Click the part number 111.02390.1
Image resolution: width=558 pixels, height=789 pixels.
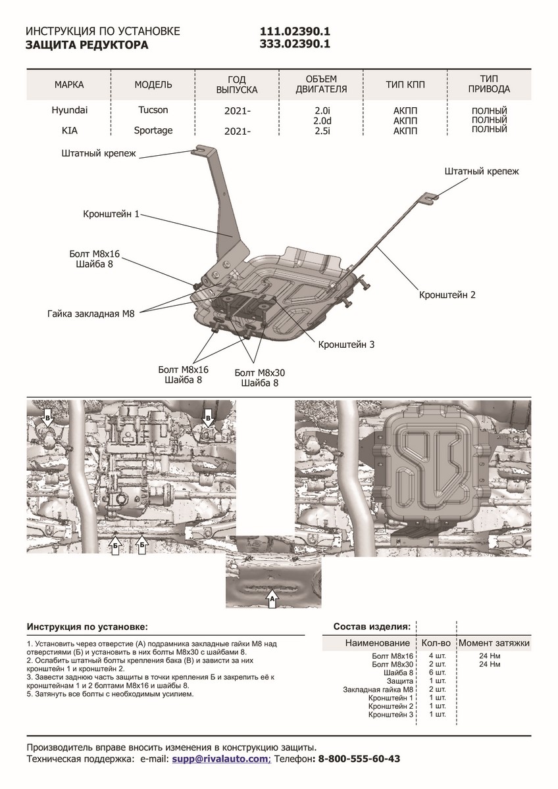point(295,32)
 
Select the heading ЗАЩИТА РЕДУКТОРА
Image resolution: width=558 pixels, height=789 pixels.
point(87,45)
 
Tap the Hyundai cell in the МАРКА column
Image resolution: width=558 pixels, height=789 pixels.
point(69,110)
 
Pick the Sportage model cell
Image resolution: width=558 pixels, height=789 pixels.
point(153,130)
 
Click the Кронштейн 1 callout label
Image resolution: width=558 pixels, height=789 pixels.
point(111,214)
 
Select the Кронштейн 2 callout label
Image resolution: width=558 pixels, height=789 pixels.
point(447,295)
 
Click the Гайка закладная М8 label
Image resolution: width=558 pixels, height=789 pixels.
point(91,314)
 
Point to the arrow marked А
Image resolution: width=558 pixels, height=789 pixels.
point(272,599)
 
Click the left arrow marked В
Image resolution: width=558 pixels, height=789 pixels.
point(47,416)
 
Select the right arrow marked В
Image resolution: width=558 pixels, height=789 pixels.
point(207,416)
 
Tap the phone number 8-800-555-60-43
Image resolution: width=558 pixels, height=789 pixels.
point(359,759)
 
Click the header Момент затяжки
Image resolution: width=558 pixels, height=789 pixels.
point(494,643)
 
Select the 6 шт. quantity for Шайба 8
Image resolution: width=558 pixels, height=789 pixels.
point(436,673)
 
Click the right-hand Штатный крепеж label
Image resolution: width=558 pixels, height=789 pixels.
point(482,172)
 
